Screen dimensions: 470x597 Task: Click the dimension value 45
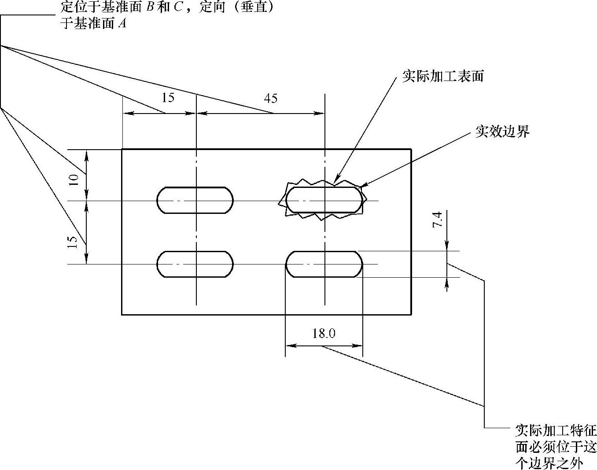[x=271, y=98]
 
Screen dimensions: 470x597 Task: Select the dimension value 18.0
[x=324, y=334]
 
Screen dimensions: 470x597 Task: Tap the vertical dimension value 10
[x=74, y=180]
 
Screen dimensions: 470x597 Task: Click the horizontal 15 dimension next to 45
[x=168, y=98]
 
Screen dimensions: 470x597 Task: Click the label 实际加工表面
[x=443, y=77]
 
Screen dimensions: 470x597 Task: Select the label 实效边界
[x=502, y=132]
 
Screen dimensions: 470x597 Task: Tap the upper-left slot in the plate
[x=195, y=200]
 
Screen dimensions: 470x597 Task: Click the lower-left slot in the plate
[x=195, y=264]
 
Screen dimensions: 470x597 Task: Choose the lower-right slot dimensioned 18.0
[x=324, y=264]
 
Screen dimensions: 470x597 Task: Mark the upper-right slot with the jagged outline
[x=324, y=200]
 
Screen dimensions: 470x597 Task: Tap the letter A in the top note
[x=122, y=24]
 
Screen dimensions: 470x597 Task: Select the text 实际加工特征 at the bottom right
[x=556, y=430]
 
